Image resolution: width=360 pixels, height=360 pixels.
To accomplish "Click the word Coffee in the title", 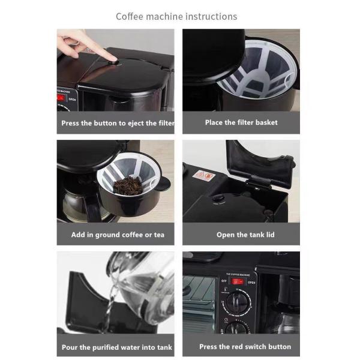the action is (x=130, y=17).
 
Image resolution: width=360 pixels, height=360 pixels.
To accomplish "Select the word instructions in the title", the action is (x=211, y=17).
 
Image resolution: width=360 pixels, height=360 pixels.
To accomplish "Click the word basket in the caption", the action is (x=266, y=122).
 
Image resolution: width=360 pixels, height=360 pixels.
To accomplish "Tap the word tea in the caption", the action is (x=159, y=235).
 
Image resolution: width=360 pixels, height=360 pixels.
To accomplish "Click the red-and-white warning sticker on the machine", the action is (x=204, y=176).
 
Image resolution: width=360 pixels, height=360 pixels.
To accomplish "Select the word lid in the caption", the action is (x=270, y=235).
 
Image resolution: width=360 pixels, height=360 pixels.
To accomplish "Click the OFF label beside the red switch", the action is (x=224, y=281).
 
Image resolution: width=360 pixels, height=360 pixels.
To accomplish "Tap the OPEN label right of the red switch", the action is (x=251, y=283).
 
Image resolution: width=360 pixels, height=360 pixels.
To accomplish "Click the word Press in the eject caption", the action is (x=70, y=123).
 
